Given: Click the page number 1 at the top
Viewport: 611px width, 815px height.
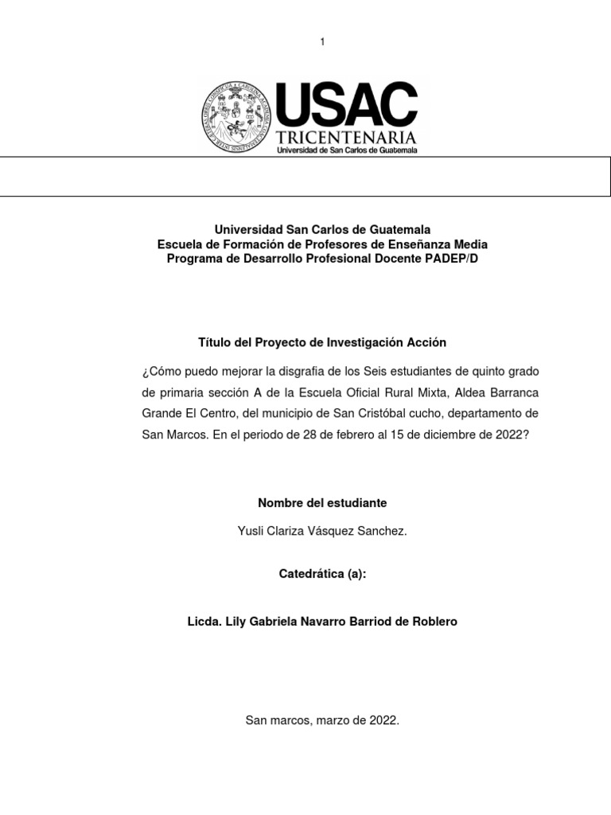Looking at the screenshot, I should click(322, 41).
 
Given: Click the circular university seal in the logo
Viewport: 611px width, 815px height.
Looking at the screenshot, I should click(235, 117).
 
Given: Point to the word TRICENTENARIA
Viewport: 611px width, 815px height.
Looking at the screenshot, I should click(346, 139).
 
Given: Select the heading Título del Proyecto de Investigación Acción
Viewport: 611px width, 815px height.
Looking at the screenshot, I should click(322, 342).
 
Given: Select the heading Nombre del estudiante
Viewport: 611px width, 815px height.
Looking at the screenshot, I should click(322, 503).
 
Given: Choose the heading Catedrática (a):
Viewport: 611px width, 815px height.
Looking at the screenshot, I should click(322, 574).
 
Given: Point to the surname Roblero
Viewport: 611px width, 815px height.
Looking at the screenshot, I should click(435, 622).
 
